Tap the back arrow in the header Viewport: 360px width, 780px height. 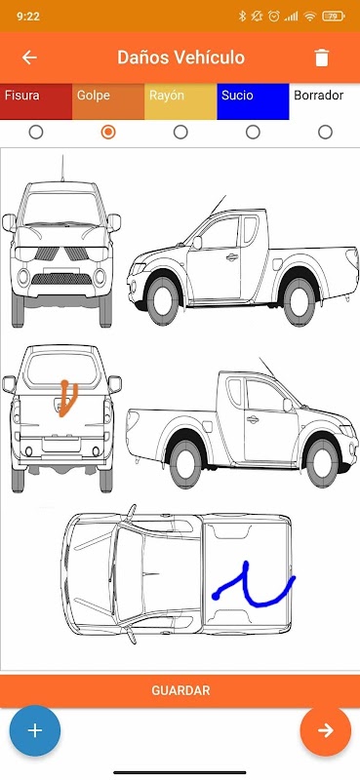(x=29, y=58)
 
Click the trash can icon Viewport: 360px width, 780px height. (x=322, y=58)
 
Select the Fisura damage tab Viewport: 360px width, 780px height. (x=36, y=101)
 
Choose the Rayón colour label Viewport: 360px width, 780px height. (x=180, y=101)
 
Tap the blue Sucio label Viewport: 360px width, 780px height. (x=253, y=101)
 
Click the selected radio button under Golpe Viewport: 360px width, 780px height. (x=108, y=133)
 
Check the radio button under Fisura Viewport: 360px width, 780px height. (x=36, y=133)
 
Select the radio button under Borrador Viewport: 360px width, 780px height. (x=325, y=133)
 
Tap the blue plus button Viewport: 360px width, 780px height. (x=35, y=730)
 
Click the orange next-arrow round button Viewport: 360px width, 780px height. (x=326, y=730)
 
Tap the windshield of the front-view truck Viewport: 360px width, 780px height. (x=61, y=208)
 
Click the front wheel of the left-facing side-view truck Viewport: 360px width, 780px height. (x=163, y=300)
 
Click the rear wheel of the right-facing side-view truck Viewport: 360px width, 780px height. (x=185, y=462)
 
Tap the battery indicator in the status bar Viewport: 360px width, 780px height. (x=333, y=17)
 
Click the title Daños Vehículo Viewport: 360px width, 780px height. (x=180, y=58)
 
